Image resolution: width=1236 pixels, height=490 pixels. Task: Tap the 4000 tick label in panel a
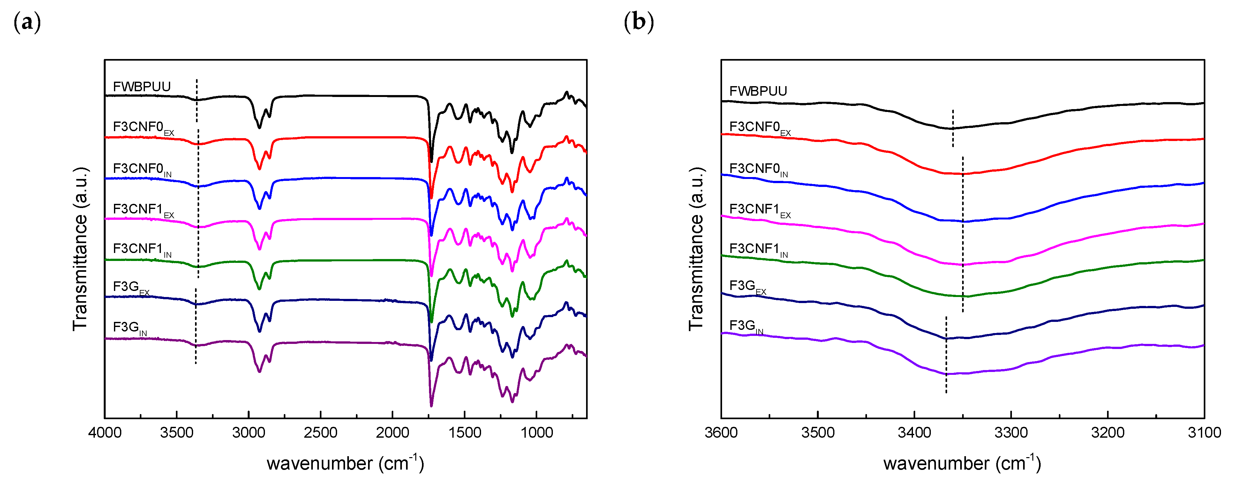tap(105, 433)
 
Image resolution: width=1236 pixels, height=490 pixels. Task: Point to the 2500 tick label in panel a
tap(320, 433)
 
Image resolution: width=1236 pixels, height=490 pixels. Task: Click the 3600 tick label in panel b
tap(721, 433)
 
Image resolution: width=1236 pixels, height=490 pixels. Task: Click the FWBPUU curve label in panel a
tap(141, 87)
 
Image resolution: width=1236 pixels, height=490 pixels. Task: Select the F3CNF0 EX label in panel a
tap(143, 128)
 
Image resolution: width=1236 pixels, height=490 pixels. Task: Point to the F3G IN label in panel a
tap(130, 328)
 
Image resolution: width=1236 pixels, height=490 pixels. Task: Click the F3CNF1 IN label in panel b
tap(758, 249)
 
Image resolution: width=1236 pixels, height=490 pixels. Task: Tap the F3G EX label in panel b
tap(747, 287)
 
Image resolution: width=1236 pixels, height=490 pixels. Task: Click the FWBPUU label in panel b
tap(758, 91)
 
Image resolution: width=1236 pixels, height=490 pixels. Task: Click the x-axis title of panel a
tap(345, 463)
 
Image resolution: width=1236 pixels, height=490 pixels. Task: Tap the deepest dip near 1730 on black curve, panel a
tap(431, 160)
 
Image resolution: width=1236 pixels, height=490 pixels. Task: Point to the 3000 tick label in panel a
tap(249, 433)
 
